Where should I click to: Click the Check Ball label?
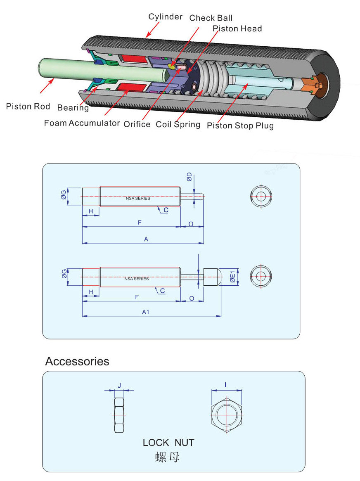pos(211,18)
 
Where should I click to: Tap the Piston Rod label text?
pos(28,107)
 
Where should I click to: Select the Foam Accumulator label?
pos(82,123)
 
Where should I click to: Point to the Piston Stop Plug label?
pos(240,126)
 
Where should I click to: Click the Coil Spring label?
pos(178,124)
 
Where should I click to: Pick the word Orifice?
pos(137,124)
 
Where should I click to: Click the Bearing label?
pos(73,108)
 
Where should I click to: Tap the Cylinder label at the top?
pos(165,17)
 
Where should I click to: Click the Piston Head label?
pos(237,28)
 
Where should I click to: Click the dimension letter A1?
pos(145,312)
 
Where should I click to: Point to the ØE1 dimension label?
pos(232,277)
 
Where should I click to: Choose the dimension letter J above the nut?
pos(119,385)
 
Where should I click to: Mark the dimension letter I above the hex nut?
pos(225,385)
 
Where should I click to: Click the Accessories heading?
pos(77,361)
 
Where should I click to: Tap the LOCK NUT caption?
pos(168,443)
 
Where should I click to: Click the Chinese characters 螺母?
pos(167,457)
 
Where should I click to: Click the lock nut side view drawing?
pos(119,415)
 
